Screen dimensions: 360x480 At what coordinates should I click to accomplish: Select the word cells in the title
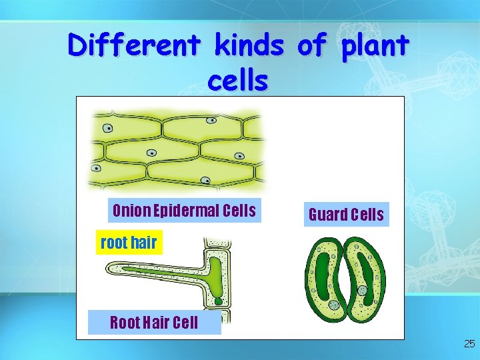(x=238, y=81)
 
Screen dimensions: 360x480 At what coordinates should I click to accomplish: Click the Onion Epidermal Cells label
(x=184, y=211)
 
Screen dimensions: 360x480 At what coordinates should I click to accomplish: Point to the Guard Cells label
(x=346, y=215)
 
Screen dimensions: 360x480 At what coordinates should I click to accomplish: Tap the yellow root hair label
(x=128, y=243)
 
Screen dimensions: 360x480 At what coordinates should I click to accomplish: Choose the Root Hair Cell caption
(x=154, y=323)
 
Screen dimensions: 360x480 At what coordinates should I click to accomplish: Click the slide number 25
(x=469, y=344)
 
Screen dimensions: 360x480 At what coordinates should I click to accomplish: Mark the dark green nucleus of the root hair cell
(x=218, y=301)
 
